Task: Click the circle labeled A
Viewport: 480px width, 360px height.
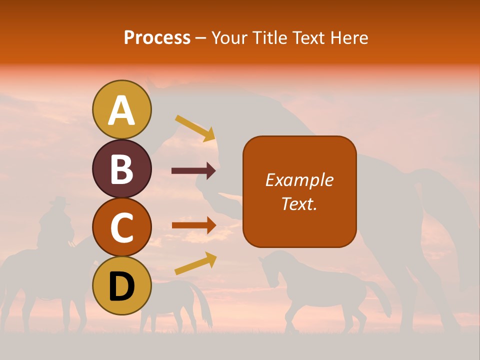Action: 121,109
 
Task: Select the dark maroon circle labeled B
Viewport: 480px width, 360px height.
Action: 121,168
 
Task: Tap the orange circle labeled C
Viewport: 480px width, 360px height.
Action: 121,227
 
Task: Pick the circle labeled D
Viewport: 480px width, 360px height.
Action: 121,285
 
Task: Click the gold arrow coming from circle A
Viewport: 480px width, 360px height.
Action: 195,128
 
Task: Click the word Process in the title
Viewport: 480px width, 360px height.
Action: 157,37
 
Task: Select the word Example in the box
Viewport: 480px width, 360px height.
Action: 299,180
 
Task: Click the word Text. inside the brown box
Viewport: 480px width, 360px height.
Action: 299,203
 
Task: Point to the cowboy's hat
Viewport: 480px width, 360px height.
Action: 59,201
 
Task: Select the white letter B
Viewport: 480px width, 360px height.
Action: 121,169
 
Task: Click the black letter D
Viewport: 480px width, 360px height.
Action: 121,286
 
